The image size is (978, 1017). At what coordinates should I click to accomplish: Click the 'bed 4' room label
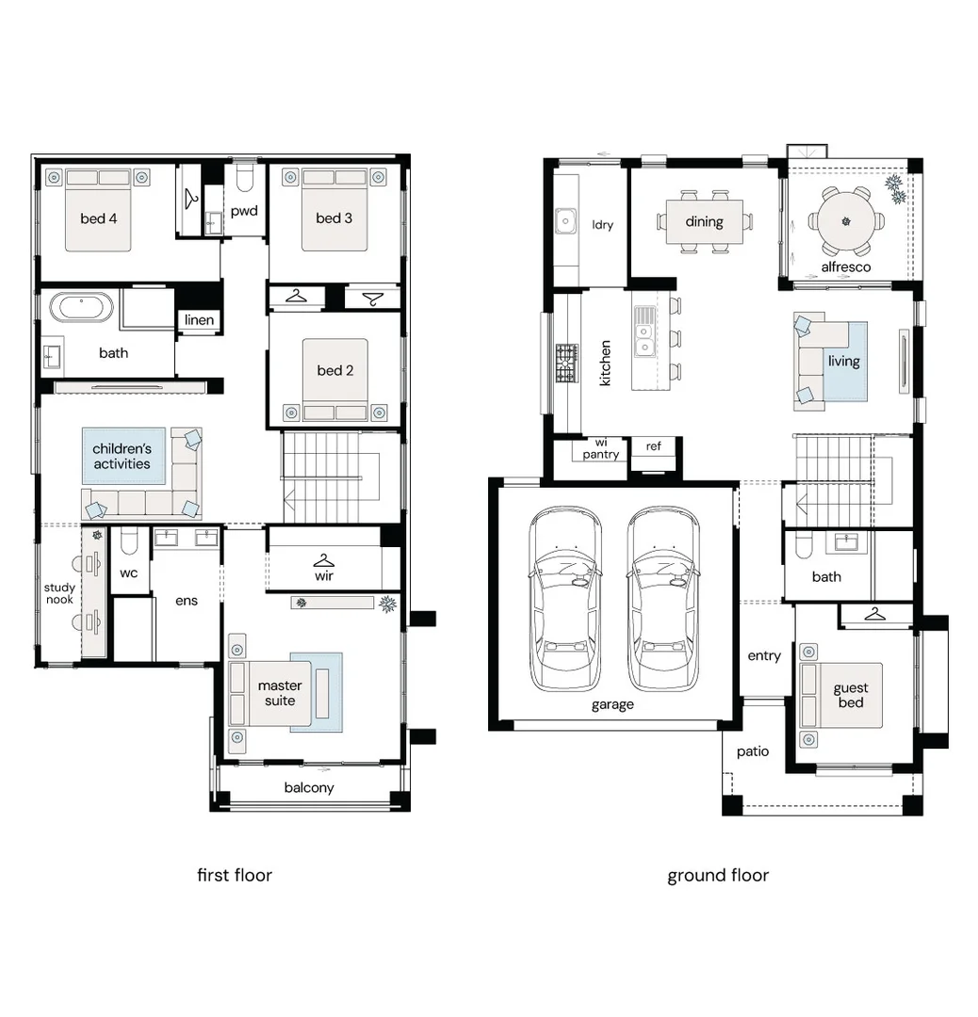[x=98, y=218]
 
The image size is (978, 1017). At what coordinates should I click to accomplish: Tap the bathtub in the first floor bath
[x=81, y=308]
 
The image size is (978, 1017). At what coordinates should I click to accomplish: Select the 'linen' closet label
[x=199, y=320]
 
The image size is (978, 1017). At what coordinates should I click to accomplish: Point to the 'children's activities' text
[x=122, y=456]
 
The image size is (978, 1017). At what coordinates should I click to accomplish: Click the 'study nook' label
[x=58, y=594]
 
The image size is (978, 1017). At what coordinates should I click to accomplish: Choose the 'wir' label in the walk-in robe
[x=324, y=575]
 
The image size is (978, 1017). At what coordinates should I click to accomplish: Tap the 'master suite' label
[x=280, y=693]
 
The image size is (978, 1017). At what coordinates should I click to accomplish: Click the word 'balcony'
[x=309, y=787]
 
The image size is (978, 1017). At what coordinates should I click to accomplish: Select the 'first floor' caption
[x=234, y=875]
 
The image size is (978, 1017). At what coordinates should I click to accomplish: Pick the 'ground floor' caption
[x=718, y=875]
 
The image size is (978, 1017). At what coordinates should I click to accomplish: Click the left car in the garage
[x=564, y=599]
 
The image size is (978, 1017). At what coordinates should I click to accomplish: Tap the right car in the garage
[x=663, y=599]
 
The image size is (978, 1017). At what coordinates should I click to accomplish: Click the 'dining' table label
[x=704, y=222]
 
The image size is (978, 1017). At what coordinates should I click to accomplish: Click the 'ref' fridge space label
[x=653, y=445]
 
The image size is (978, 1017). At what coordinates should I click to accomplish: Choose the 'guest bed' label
[x=850, y=695]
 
